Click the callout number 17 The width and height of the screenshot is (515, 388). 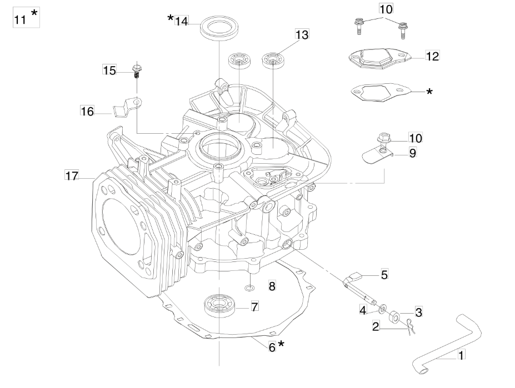[72, 175]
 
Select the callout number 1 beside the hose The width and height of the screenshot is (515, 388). [461, 355]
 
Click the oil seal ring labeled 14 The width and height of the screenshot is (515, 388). [220, 29]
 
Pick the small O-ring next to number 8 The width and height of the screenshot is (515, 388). [249, 288]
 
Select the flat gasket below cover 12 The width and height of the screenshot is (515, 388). [381, 92]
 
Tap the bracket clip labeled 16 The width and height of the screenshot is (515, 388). [128, 107]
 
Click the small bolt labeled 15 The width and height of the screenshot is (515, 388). [137, 72]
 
